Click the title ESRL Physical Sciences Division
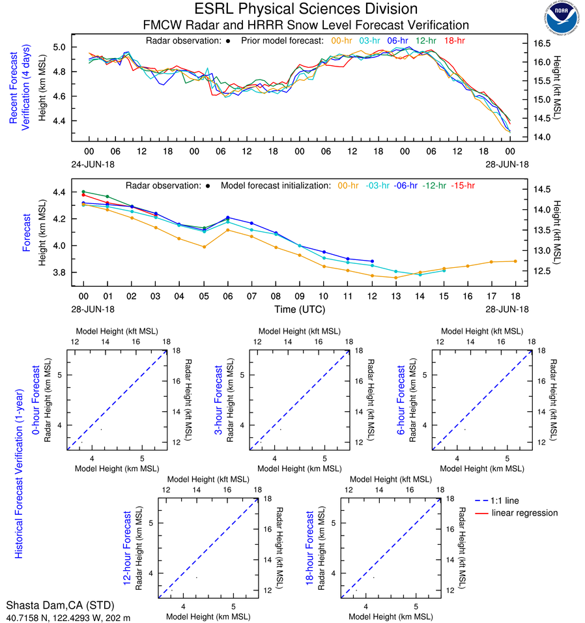(x=306, y=9)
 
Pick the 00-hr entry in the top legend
(x=342, y=40)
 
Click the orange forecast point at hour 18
(x=515, y=261)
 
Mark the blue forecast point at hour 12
(x=371, y=261)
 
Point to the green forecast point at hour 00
(x=83, y=192)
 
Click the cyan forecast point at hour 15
(x=443, y=270)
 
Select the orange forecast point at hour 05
(x=204, y=247)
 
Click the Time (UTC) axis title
(x=299, y=310)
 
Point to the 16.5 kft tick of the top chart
(x=544, y=44)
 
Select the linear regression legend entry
(x=524, y=514)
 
